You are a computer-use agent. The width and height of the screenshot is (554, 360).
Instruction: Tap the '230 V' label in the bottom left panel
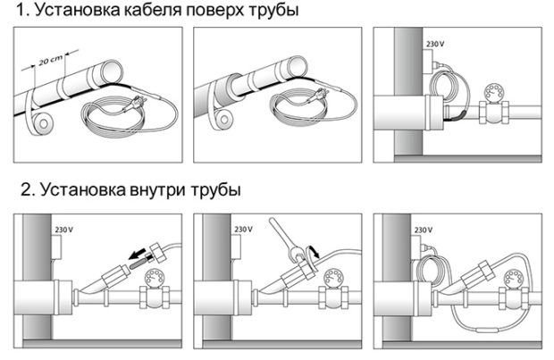(x=64, y=230)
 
